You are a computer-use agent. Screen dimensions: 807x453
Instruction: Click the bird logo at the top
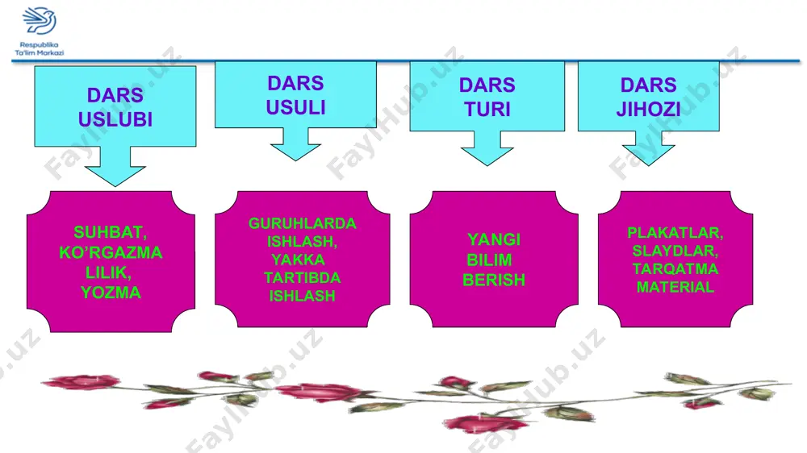point(39,21)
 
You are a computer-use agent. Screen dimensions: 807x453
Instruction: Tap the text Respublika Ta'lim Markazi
point(39,49)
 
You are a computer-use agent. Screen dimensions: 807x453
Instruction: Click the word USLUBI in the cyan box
point(115,119)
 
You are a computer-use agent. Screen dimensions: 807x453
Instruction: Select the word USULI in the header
point(295,107)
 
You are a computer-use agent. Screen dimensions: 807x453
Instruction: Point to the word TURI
point(487,109)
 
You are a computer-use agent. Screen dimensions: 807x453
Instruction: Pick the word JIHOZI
point(649,109)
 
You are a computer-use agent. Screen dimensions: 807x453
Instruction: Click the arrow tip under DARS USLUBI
point(115,185)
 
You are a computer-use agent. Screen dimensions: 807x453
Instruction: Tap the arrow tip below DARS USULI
point(295,160)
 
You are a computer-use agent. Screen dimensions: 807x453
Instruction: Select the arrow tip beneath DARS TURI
point(487,165)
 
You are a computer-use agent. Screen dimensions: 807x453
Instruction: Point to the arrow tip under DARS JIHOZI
point(649,165)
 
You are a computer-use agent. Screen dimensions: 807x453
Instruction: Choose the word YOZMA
point(111,293)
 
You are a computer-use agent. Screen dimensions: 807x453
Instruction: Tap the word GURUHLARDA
point(302,223)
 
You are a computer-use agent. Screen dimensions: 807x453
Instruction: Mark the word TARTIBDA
point(302,277)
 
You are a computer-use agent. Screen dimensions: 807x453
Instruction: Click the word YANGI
point(494,239)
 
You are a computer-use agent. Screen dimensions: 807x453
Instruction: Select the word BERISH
point(494,280)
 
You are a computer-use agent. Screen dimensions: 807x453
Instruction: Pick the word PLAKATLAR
point(675,233)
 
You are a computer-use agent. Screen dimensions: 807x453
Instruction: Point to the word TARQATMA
point(675,269)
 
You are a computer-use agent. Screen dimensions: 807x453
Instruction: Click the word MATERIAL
point(675,287)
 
